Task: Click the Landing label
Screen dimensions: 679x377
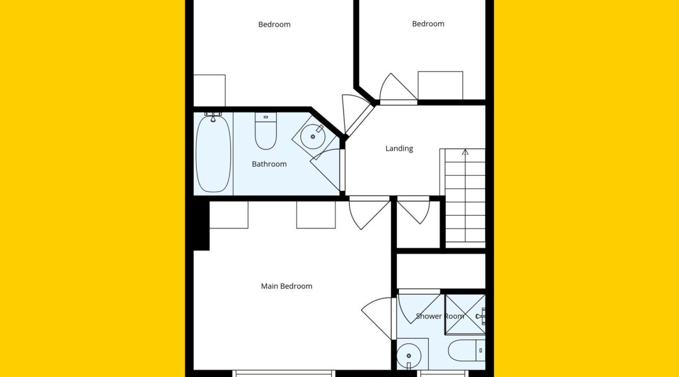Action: pyautogui.click(x=399, y=148)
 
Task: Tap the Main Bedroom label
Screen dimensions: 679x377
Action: pyautogui.click(x=286, y=286)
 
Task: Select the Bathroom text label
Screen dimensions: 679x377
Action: pyautogui.click(x=269, y=164)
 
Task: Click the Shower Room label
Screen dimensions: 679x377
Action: pyautogui.click(x=439, y=316)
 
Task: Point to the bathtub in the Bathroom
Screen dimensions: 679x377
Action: pyautogui.click(x=213, y=153)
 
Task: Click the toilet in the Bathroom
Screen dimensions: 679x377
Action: pyautogui.click(x=266, y=130)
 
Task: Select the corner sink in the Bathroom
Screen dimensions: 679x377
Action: pyautogui.click(x=313, y=136)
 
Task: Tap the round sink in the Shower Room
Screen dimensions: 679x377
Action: pyautogui.click(x=409, y=356)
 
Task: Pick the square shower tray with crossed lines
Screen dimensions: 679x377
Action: pyautogui.click(x=465, y=315)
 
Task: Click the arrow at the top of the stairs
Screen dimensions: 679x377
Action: pyautogui.click(x=465, y=152)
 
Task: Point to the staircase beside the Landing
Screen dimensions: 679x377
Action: pyautogui.click(x=463, y=198)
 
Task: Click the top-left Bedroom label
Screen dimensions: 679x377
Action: pyautogui.click(x=274, y=25)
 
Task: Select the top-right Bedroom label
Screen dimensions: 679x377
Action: pyautogui.click(x=428, y=24)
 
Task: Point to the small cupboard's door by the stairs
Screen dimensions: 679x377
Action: pyautogui.click(x=414, y=211)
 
